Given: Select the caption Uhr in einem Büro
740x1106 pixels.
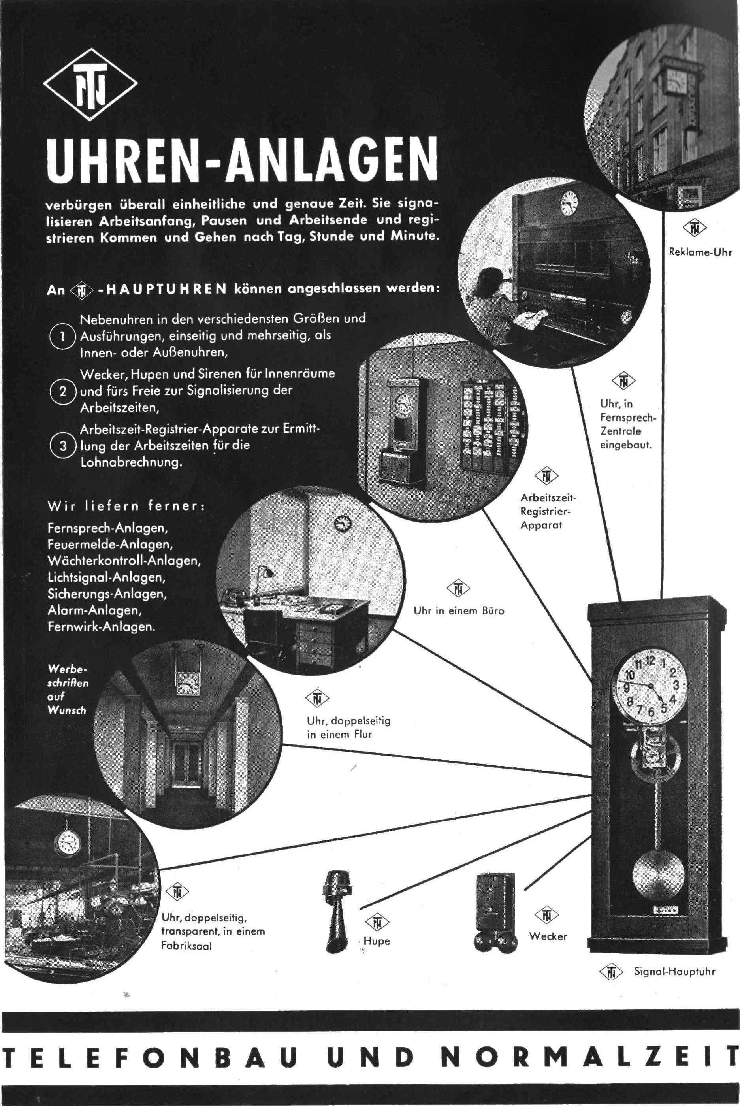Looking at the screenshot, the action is click(459, 611).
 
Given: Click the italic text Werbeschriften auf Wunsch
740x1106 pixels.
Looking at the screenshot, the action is click(68, 689).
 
